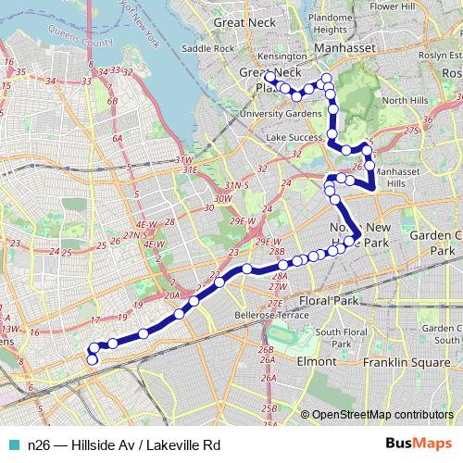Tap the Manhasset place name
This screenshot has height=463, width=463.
click(343, 44)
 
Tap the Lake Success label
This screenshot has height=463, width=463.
click(292, 137)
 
